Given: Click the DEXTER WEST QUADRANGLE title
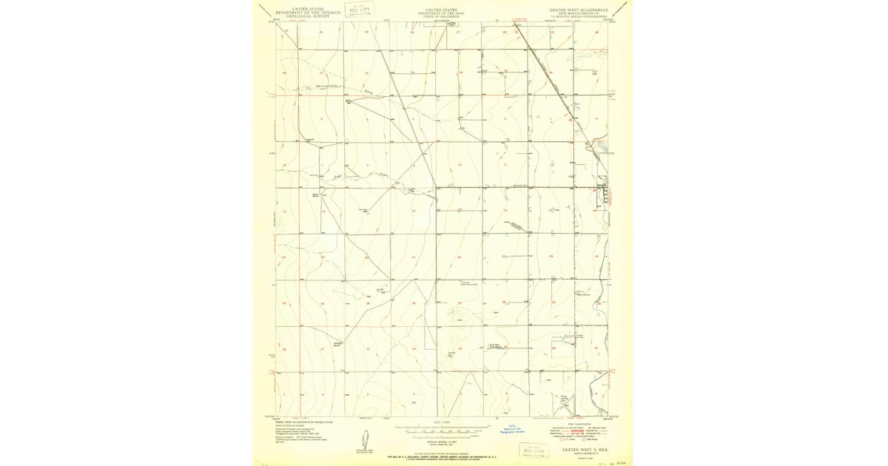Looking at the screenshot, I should pos(578,10).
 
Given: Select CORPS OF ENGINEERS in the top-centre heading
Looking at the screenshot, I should pos(441,16).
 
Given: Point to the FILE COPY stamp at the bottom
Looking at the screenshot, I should pos(534,449).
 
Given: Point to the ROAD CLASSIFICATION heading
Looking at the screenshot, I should pos(579,424).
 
